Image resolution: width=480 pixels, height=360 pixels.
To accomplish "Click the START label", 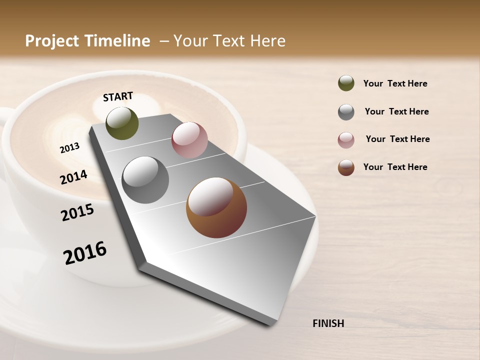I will point(118,96).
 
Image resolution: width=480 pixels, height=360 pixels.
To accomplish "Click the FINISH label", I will point(328,323).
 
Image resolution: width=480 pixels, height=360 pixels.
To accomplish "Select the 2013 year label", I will point(70,148).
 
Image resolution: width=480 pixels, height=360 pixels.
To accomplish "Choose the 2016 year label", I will point(85,253).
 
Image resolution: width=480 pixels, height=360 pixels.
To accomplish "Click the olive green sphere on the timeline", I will point(122,123).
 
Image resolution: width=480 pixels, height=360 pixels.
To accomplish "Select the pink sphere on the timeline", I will point(189,140).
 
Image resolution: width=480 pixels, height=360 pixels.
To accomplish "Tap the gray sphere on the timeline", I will point(145,180).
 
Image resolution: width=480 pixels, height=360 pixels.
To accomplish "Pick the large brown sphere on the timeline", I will point(216,207).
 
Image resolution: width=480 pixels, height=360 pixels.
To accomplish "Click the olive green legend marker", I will point(346,83).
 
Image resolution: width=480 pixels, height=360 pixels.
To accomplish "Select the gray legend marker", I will point(346,112).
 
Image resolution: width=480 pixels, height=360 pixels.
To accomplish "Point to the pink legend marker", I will point(346,140).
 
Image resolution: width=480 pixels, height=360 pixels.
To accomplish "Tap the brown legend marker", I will point(346,167).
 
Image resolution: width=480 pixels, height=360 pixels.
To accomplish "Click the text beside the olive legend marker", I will point(395,84).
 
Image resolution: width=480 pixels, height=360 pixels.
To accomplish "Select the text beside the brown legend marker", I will point(395,167).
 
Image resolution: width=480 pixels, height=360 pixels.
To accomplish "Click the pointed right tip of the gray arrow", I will point(315,217).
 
